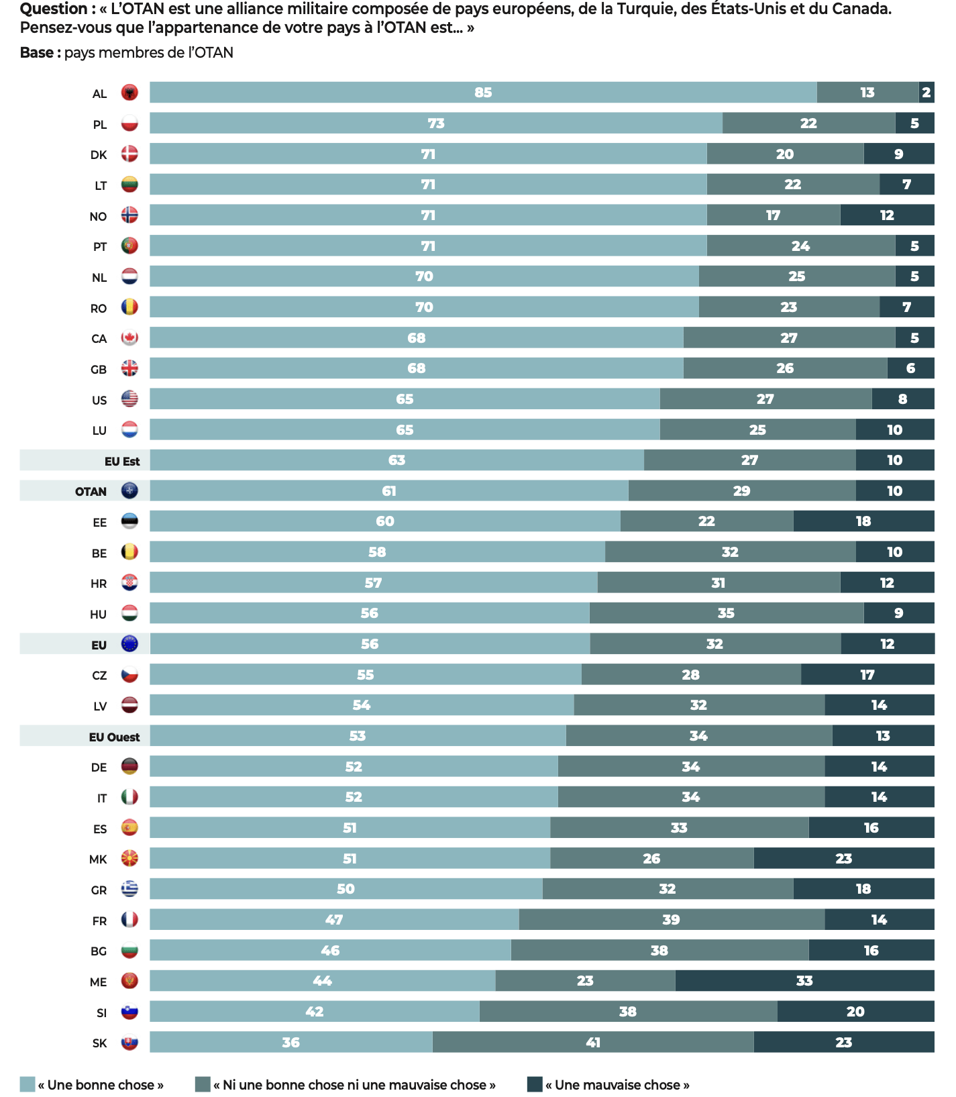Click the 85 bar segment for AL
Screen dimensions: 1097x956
click(x=483, y=93)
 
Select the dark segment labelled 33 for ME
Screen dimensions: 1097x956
click(x=804, y=981)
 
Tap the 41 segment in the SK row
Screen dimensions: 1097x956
click(x=593, y=1043)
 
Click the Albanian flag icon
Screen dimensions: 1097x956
click(x=129, y=93)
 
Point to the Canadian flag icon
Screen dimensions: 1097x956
click(x=129, y=338)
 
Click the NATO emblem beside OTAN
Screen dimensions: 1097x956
click(x=129, y=491)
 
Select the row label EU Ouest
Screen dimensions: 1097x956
click(x=114, y=737)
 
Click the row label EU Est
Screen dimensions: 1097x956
click(x=122, y=461)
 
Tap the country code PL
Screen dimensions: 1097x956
click(x=99, y=125)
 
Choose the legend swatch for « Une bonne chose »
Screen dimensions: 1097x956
click(x=28, y=1084)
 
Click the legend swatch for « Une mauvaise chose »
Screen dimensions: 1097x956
click(x=535, y=1084)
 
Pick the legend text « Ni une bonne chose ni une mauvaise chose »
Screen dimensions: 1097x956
click(x=354, y=1085)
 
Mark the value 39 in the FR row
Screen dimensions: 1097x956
click(x=671, y=920)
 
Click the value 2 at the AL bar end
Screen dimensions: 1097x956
click(x=926, y=93)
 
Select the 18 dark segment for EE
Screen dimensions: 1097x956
click(x=863, y=521)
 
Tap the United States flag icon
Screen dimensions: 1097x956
click(x=129, y=399)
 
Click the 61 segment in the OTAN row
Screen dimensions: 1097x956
click(x=389, y=491)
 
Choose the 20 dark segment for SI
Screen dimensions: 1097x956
click(x=855, y=1012)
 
